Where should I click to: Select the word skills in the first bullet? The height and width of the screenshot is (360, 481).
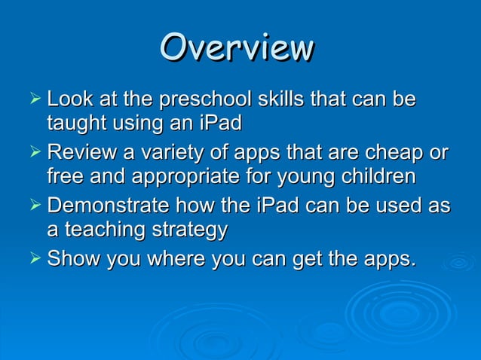(x=279, y=99)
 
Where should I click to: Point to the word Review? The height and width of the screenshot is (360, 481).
(x=80, y=154)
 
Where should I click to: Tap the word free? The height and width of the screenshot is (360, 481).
(x=66, y=177)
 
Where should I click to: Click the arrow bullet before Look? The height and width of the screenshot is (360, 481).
(x=32, y=99)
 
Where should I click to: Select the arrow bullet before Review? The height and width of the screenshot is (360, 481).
(x=32, y=154)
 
